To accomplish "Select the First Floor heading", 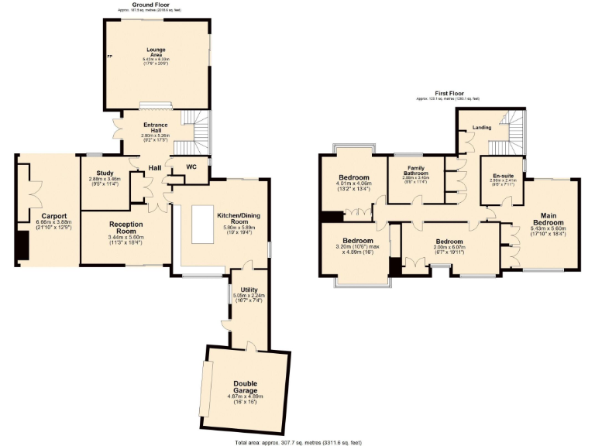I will (x=447, y=94).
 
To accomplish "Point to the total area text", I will (x=297, y=442).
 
